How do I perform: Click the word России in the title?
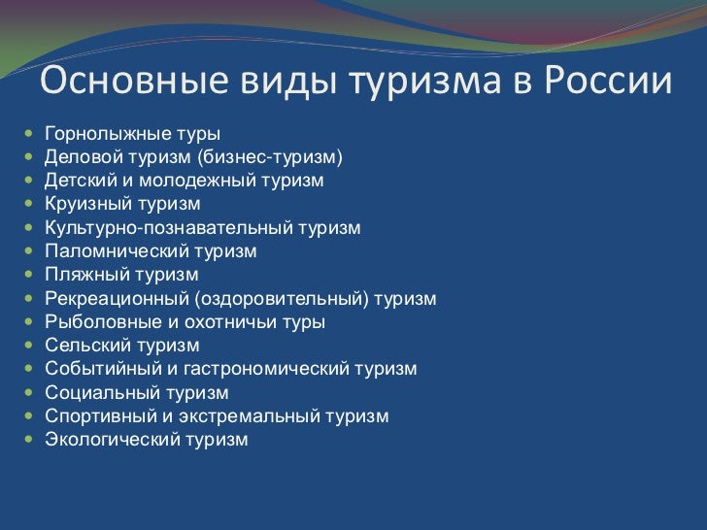click(606, 82)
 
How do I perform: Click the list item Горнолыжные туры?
click(132, 134)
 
